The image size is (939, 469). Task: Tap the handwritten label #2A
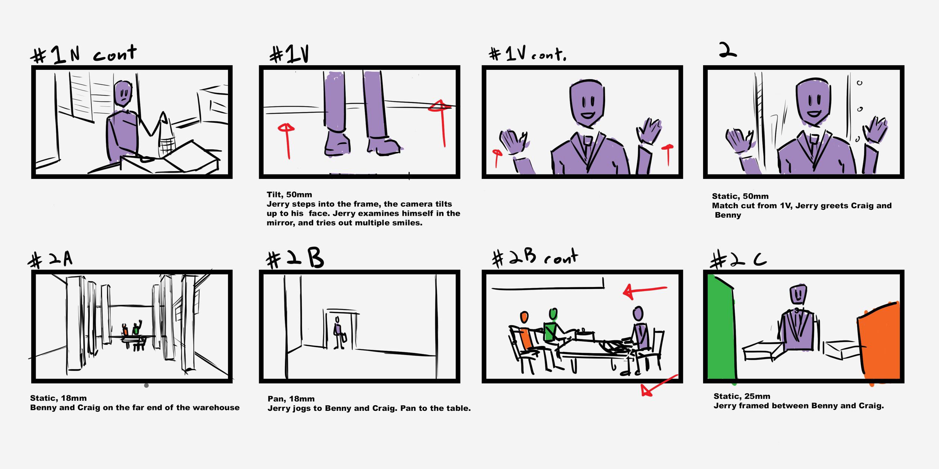[50, 259]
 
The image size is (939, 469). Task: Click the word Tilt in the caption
[274, 194]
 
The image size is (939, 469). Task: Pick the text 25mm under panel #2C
[757, 396]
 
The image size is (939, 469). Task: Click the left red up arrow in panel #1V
[287, 141]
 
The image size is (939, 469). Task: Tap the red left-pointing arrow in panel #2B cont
[645, 291]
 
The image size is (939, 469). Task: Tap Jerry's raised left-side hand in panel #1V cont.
[513, 142]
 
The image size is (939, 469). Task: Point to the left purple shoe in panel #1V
[337, 143]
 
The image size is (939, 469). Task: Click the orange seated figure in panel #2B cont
[525, 330]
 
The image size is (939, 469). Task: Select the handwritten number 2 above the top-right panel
[728, 50]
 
